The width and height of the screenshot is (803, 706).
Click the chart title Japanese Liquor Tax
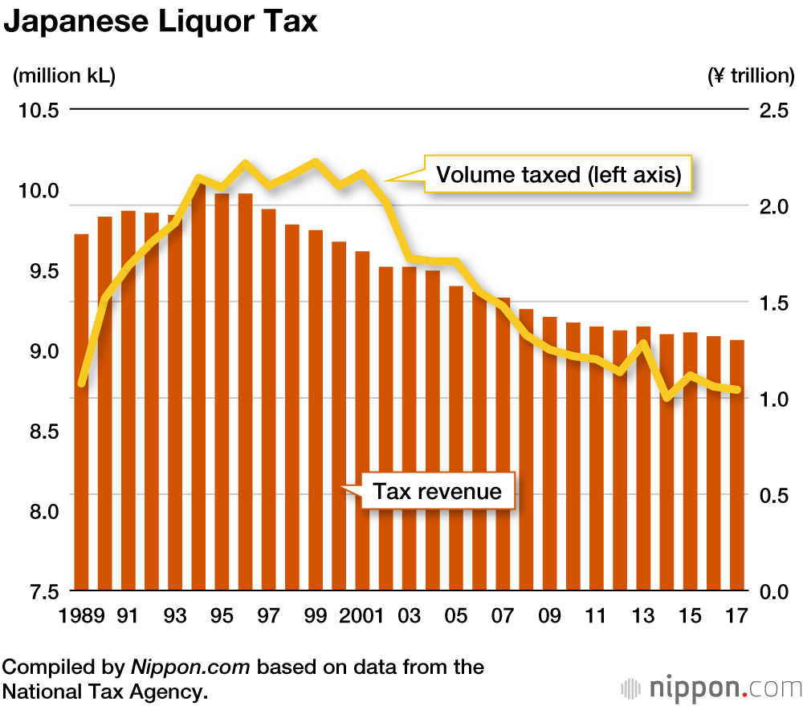161,22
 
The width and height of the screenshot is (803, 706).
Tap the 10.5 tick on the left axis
38,110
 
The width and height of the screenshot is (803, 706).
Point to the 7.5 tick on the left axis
38,591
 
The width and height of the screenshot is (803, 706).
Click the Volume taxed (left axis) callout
557,174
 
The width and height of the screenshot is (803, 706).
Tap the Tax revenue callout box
437,490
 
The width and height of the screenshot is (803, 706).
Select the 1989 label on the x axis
81,616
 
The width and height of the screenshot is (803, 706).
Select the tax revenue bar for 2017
736,465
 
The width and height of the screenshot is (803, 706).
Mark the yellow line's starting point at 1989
82,383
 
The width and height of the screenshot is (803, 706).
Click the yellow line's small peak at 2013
643,344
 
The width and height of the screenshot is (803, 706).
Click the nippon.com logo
711,688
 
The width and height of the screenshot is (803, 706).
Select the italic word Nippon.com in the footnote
190,667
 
